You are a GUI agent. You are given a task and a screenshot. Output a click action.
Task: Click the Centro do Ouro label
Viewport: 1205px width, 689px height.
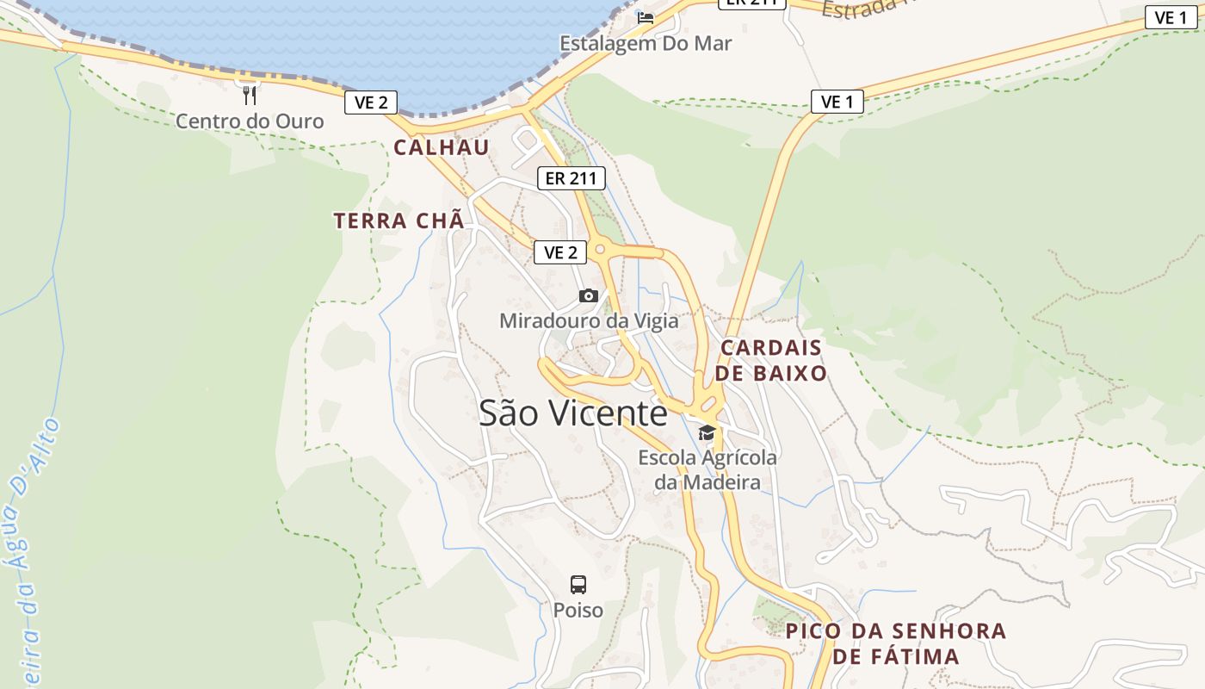[250, 121]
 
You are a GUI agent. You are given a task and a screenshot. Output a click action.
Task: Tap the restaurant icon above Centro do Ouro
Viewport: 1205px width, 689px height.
[250, 95]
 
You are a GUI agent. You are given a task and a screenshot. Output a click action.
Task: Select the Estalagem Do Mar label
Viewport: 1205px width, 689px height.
[646, 43]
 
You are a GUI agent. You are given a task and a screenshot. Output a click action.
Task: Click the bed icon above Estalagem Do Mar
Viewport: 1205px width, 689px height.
[646, 16]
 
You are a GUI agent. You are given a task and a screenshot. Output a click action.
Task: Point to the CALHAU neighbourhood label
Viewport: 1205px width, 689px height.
[442, 147]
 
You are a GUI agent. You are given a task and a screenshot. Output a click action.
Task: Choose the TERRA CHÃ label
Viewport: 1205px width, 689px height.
[399, 220]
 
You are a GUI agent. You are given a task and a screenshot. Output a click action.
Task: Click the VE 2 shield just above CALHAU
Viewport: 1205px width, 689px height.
[372, 102]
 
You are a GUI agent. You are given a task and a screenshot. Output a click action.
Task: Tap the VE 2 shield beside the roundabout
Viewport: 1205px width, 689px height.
[560, 252]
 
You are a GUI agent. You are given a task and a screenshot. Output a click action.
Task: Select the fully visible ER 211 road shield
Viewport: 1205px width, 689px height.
[571, 178]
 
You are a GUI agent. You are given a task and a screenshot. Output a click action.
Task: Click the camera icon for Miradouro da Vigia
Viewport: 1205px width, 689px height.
[589, 296]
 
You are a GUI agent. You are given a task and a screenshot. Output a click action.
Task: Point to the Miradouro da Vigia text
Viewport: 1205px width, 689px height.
[589, 321]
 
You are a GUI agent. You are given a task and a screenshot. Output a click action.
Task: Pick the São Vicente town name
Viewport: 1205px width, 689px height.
[573, 413]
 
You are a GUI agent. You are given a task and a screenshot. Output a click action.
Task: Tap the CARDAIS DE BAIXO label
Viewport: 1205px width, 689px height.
[771, 360]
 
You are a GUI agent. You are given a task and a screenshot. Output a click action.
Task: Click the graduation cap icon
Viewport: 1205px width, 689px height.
[707, 432]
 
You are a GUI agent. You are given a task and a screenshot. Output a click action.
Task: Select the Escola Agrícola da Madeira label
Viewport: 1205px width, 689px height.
[708, 469]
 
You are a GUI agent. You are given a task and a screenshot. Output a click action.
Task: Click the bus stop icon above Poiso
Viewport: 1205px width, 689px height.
[578, 585]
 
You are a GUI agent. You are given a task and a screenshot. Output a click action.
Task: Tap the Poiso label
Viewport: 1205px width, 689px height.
[578, 611]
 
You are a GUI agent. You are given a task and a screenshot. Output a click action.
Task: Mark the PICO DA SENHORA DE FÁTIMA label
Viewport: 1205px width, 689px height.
[896, 643]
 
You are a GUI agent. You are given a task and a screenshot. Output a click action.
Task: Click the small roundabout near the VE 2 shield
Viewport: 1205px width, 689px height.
[600, 249]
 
